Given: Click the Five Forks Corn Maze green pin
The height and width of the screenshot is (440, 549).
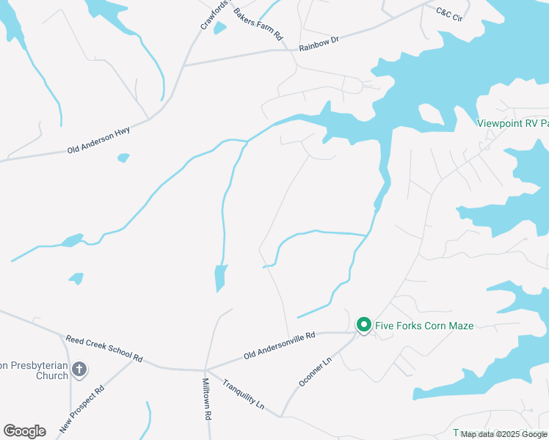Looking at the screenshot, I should point(363,324).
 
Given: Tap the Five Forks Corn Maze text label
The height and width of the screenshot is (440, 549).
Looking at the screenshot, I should point(424,326).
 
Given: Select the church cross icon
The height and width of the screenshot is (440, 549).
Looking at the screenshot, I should point(79,369).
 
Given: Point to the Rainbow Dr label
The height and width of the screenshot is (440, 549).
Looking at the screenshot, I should point(319,43).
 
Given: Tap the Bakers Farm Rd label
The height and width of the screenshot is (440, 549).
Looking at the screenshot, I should point(258,25).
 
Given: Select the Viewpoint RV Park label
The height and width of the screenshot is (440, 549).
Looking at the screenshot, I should point(513,123).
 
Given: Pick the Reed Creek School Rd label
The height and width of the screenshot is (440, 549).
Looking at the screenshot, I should point(103,349).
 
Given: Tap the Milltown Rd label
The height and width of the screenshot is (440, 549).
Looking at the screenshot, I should point(207,399).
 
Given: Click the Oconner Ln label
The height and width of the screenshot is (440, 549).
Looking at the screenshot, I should point(316,372).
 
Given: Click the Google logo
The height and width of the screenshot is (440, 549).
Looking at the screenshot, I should point(24,431).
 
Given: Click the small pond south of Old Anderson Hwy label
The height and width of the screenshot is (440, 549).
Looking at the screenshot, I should point(123,158).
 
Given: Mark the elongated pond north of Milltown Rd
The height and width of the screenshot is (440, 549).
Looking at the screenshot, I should point(220,277).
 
